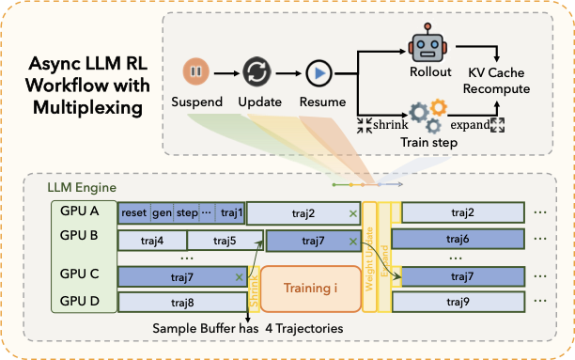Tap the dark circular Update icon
pos(256,72)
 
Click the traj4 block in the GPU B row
pos(152,241)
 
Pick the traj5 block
pos(225,241)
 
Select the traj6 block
pos(460,241)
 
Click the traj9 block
pos(460,302)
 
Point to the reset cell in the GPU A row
pos(134,213)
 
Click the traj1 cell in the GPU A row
pos(231,213)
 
